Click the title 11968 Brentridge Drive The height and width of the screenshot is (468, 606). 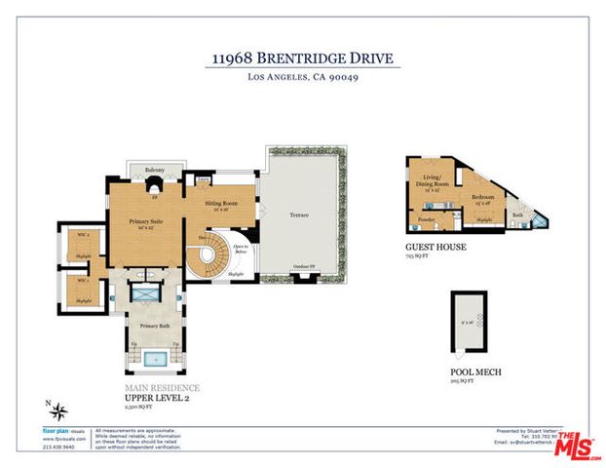303,58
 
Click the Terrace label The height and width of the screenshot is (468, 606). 301,214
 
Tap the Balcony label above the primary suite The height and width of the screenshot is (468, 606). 155,171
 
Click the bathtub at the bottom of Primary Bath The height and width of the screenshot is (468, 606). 155,359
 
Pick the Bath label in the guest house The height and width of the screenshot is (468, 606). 517,214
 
